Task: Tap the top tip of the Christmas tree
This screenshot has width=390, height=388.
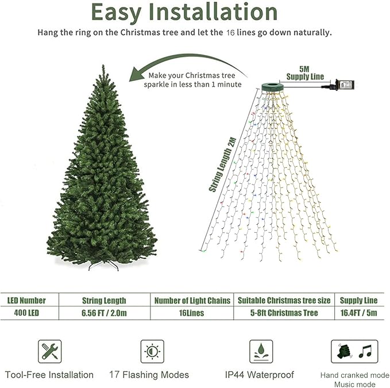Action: point(104,67)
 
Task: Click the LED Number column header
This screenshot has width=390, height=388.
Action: point(26,300)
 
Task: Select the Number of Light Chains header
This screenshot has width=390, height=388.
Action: point(192,300)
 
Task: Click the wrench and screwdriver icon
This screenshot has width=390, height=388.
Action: point(49,351)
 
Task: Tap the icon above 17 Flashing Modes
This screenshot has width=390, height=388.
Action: point(152,351)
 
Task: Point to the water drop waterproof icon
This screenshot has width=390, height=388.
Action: point(260,351)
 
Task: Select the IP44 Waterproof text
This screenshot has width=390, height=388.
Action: point(260,375)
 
